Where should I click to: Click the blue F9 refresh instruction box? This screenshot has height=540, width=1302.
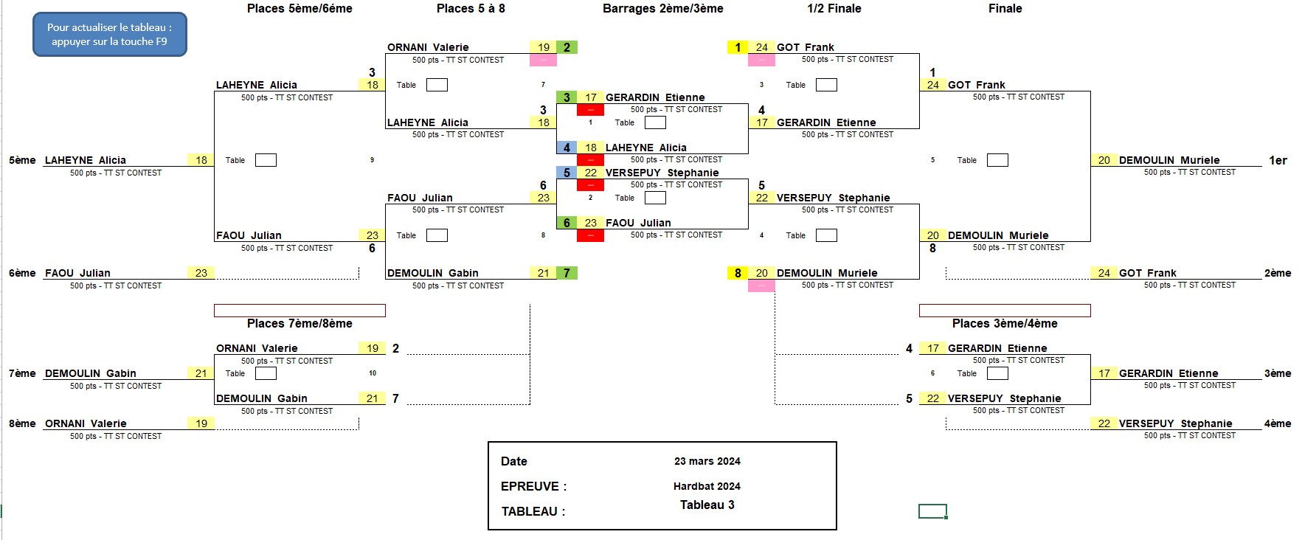110,35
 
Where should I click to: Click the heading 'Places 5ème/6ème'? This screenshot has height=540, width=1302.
299,9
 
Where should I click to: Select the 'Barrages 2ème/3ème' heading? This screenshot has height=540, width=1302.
662,9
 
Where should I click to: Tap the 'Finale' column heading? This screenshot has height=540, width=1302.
1005,9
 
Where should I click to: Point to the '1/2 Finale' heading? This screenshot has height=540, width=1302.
834,9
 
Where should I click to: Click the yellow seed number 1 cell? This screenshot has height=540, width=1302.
738,47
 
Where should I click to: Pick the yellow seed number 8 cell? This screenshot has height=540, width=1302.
738,273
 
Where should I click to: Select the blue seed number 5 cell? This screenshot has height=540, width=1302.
567,173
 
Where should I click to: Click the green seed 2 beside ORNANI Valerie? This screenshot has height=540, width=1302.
567,47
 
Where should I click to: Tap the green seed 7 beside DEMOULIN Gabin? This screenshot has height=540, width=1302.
567,273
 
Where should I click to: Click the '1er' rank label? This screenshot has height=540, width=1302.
1278,160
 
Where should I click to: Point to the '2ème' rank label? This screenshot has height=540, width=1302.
1278,273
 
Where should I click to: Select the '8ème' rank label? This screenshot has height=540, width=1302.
22,423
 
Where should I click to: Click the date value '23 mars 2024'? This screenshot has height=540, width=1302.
707,461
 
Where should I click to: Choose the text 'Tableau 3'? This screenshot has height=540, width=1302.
707,505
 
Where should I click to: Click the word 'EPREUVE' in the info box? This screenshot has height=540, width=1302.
530,486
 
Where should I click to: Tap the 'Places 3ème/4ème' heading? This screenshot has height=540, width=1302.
1005,323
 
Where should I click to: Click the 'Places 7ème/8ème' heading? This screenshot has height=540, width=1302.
299,323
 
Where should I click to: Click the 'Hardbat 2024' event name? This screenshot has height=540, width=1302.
707,486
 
